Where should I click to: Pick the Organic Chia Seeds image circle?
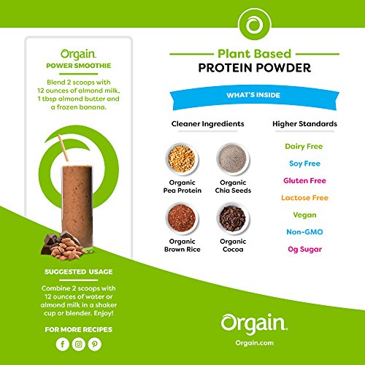[x=230, y=156]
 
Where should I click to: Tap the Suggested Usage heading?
[x=76, y=272]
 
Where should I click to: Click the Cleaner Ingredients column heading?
[x=207, y=124]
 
